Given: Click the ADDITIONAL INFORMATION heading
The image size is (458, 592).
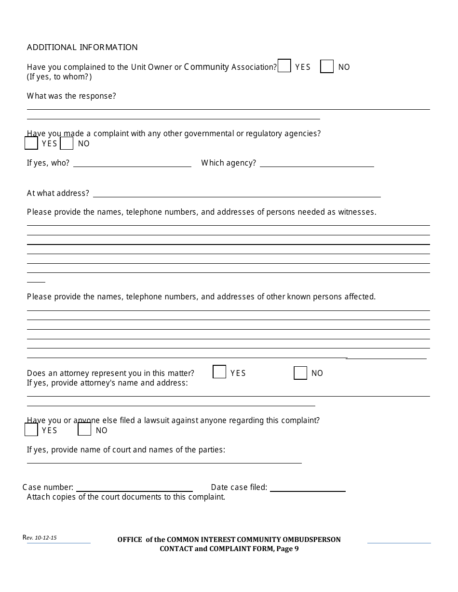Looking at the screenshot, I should tap(82, 47).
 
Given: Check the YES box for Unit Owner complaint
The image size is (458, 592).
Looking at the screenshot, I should tap(284, 66).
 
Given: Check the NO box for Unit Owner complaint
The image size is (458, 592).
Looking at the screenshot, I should tap(327, 66).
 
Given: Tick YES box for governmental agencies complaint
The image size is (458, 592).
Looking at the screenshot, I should tap(31, 143).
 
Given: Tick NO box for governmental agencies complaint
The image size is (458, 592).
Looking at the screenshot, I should tap(67, 143).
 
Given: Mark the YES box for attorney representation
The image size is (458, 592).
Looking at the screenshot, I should tap(219, 372).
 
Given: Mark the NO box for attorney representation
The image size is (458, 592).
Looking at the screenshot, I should tap(300, 373).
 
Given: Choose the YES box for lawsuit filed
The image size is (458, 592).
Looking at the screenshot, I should tap(31, 429).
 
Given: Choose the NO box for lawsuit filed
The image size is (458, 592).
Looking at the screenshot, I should tap(84, 429).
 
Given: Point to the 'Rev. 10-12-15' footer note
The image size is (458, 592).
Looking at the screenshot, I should tap(40, 538).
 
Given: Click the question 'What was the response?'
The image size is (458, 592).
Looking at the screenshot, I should tap(71, 96).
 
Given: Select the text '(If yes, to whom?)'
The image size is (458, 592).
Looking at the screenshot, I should tap(59, 77).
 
